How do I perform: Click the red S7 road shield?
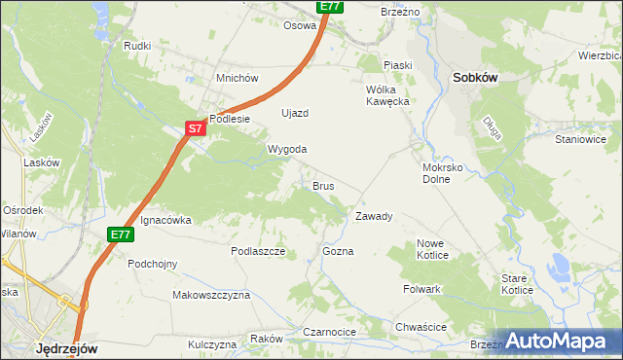click(x=196, y=127)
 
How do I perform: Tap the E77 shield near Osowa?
click(x=330, y=6)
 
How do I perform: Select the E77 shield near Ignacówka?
click(x=120, y=234)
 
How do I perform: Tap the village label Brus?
click(x=323, y=185)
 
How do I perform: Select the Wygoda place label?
click(x=287, y=149)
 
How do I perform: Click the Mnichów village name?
click(x=237, y=78)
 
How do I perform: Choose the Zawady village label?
click(x=374, y=216)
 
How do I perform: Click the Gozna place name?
click(x=338, y=251)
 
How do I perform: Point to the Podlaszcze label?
click(x=257, y=250)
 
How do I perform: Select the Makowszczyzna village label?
click(x=211, y=294)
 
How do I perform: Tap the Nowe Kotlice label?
click(x=432, y=249)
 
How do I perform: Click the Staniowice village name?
click(x=580, y=139)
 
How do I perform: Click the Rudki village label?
click(x=137, y=46)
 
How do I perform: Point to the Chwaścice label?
click(x=421, y=327)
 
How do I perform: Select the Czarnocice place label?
click(x=329, y=332)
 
